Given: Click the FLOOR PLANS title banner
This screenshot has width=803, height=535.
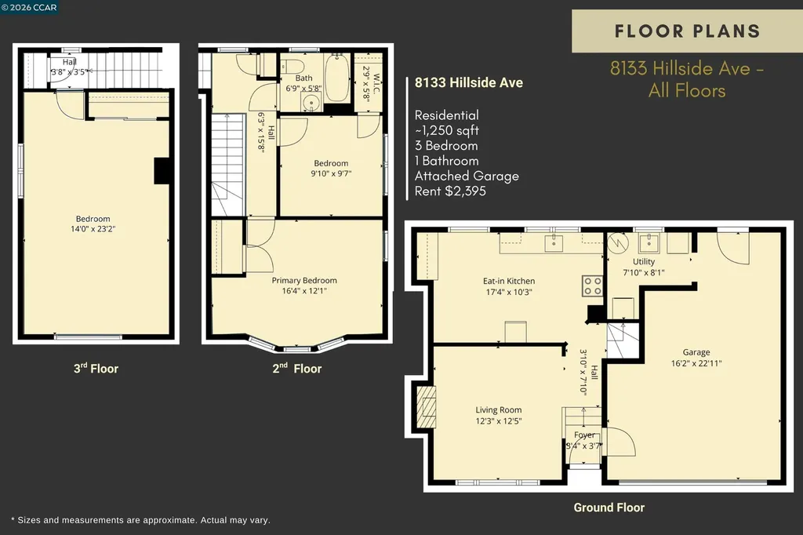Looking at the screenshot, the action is [687, 31].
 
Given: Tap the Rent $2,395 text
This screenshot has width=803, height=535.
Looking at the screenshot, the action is [450, 191].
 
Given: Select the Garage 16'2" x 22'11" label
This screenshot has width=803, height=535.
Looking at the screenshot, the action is [696, 358].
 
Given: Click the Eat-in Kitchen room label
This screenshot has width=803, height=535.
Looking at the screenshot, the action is [508, 281].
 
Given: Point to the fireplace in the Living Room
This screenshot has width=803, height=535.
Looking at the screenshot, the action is [426, 407].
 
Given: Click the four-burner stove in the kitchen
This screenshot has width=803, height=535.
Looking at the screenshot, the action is [592, 286].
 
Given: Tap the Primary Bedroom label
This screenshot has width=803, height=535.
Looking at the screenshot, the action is [304, 280].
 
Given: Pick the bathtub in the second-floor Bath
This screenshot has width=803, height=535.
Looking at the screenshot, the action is [337, 77].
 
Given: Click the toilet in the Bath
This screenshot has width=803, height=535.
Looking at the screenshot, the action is [292, 66].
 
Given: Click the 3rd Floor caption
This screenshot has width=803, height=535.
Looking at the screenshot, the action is [96, 368].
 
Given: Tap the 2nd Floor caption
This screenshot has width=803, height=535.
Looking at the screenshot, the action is [297, 368].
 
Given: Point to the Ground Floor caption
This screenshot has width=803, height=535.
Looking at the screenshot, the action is [609, 508].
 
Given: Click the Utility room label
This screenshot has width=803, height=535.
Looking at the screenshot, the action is [644, 261].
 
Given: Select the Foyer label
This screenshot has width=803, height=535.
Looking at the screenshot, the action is [584, 435].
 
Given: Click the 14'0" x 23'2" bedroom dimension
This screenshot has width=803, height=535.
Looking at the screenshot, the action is [93, 229].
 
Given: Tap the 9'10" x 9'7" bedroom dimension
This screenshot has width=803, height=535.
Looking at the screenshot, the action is [331, 173].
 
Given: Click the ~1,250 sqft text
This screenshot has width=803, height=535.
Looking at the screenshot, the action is [446, 130].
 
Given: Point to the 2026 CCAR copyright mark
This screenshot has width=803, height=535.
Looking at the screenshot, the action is [29, 7].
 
